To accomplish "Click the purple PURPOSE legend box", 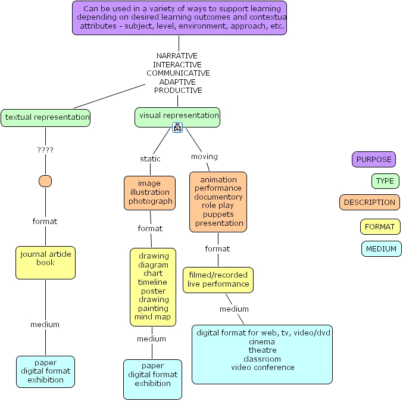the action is [x=374, y=160].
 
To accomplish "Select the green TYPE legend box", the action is [x=385, y=181].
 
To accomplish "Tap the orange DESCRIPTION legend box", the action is [x=370, y=203].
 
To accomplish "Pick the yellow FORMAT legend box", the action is [x=380, y=227].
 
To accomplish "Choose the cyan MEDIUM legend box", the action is [x=382, y=248].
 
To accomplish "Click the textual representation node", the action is [x=45, y=118].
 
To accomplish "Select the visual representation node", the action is [x=177, y=117].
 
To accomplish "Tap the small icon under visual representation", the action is [x=177, y=128].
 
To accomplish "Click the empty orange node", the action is [x=45, y=181].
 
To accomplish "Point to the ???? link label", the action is [x=45, y=150].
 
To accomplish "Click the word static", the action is [x=150, y=158].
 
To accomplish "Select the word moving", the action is [x=204, y=156].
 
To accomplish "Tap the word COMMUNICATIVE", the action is [x=178, y=73].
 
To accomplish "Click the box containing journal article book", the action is [x=45, y=263].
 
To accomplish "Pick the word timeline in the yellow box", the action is [x=152, y=282].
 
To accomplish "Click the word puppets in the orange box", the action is [x=218, y=215].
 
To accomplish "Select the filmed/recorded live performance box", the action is [x=218, y=280].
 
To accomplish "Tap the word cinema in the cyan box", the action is [x=262, y=341].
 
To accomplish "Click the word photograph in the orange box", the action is [x=151, y=201].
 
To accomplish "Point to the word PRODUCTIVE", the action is [x=178, y=91].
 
